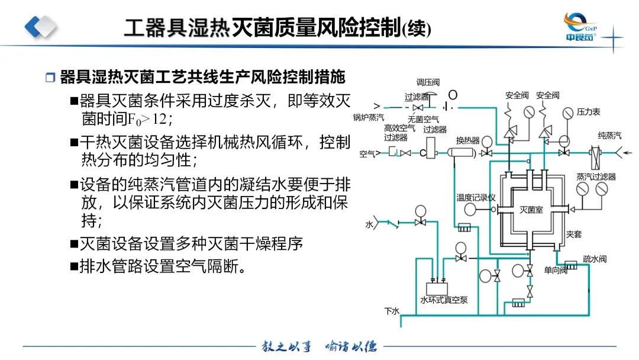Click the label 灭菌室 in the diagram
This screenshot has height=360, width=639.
(x=531, y=210)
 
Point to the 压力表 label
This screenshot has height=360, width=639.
(x=588, y=112)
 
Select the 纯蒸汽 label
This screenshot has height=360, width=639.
(x=609, y=136)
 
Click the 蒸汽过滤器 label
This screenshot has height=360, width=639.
(x=596, y=176)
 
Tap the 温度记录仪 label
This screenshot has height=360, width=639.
(x=476, y=198)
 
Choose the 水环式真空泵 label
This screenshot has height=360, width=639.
(x=444, y=300)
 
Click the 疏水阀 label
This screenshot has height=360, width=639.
(x=595, y=259)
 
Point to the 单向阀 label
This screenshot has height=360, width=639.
(x=556, y=270)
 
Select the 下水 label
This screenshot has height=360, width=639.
(x=392, y=311)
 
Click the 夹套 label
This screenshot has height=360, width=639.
(x=574, y=234)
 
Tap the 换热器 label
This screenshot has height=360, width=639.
(x=467, y=141)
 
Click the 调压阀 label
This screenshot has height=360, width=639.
(x=428, y=82)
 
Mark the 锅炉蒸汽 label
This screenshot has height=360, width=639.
(x=369, y=117)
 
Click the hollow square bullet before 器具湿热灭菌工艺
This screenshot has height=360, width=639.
(x=50, y=78)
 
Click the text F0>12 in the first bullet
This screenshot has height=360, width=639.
(x=150, y=119)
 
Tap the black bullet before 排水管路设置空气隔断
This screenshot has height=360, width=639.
(x=74, y=266)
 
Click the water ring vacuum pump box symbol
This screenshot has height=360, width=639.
(x=437, y=289)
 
